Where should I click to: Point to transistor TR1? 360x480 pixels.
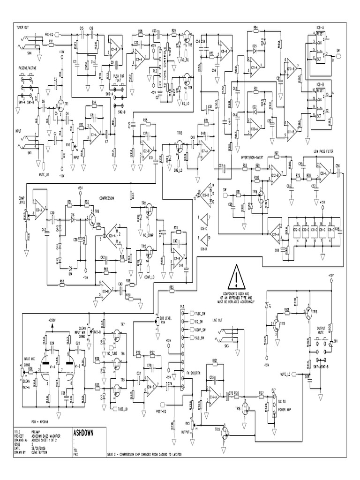(x=60, y=105)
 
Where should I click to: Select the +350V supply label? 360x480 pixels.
(x=52, y=320)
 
